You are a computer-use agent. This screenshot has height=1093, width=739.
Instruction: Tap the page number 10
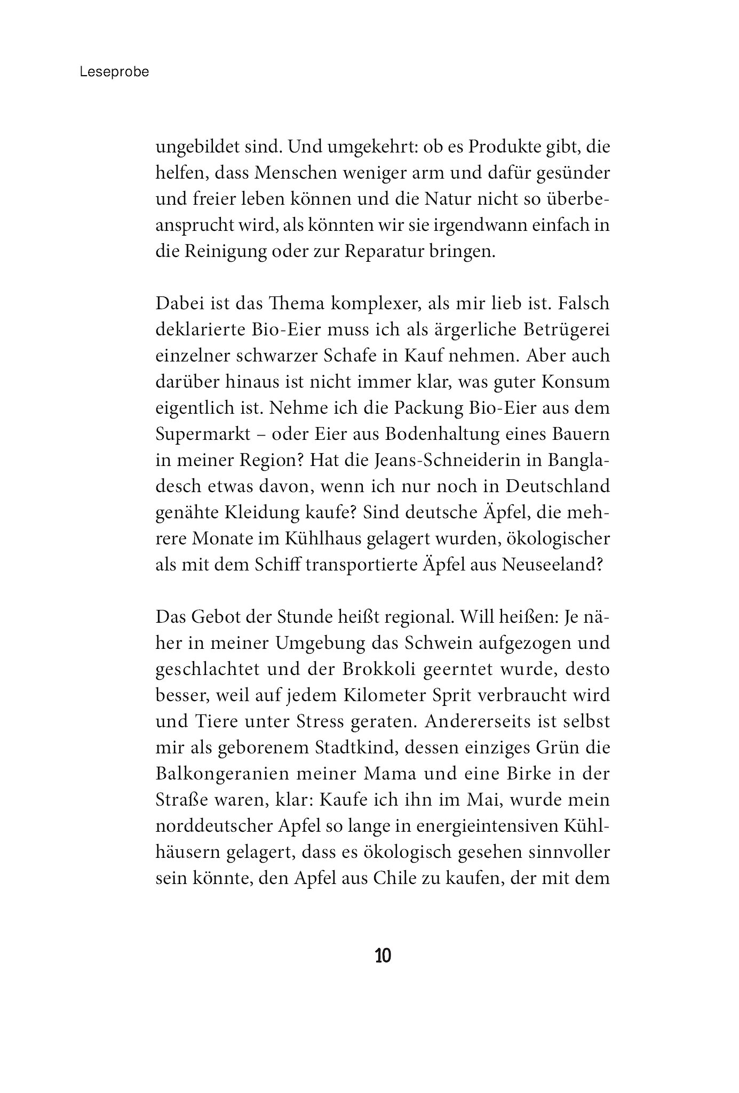click(383, 955)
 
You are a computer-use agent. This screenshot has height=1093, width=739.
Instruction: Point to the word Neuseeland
click(551, 565)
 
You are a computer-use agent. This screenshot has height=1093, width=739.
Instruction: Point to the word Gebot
click(219, 617)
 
